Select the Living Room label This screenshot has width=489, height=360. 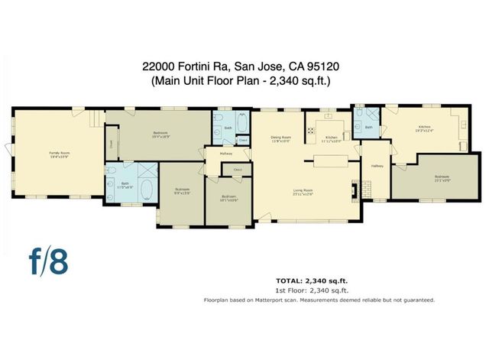tap(303, 191)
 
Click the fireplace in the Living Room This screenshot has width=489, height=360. tap(352, 189)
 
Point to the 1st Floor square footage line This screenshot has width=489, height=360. tap(312, 291)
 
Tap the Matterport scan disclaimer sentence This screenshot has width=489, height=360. tap(319, 300)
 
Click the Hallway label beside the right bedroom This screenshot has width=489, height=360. tap(377, 166)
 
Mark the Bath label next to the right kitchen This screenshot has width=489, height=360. tap(368, 127)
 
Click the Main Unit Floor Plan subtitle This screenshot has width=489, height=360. tap(244, 79)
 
